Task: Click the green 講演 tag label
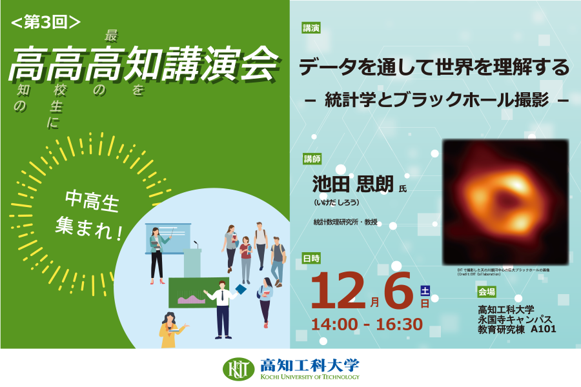(311, 28)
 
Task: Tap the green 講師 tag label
(312, 159)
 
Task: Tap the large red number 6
(397, 290)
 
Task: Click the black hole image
(505, 201)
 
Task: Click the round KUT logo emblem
(238, 368)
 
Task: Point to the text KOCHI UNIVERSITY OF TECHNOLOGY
(310, 377)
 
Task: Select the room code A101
(543, 329)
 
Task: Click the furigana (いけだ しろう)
(337, 202)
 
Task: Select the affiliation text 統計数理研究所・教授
(345, 223)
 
